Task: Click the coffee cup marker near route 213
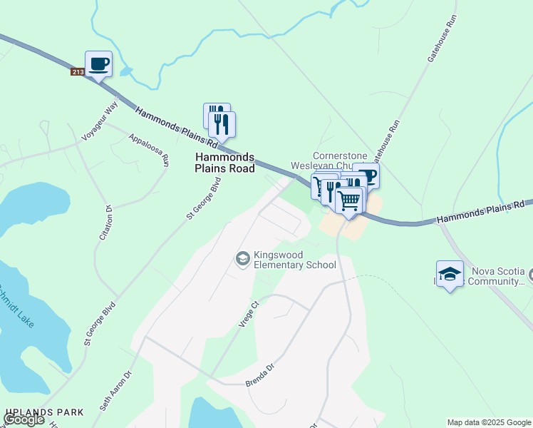click(x=98, y=65)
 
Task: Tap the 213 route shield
click(x=78, y=72)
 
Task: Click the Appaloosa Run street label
click(x=149, y=149)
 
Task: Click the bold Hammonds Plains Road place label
click(x=224, y=163)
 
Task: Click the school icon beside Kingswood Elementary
click(x=243, y=258)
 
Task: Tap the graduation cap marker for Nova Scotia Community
click(x=450, y=275)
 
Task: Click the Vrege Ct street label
click(x=247, y=314)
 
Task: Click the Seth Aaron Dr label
click(x=116, y=392)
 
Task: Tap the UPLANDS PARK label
click(x=44, y=412)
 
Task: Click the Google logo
click(x=24, y=420)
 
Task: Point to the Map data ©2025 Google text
click(x=489, y=422)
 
